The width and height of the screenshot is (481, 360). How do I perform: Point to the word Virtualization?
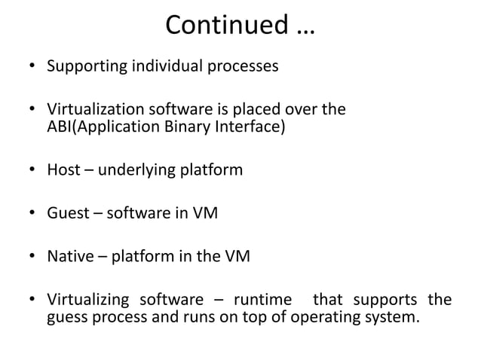pos(94,110)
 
